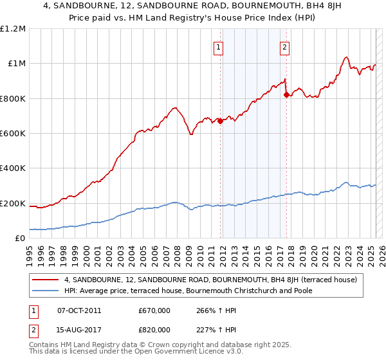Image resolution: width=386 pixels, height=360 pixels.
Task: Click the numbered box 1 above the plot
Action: tap(218, 46)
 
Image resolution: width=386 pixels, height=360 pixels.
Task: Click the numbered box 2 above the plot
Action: tap(284, 46)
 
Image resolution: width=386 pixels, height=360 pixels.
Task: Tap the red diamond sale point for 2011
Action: tap(220, 120)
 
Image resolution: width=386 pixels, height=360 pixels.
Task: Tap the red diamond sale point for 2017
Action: tap(286, 94)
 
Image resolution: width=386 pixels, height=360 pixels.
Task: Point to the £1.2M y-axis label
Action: tap(14, 28)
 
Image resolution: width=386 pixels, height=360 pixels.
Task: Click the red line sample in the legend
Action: tap(46, 280)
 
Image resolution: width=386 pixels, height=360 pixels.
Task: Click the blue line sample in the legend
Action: tap(46, 291)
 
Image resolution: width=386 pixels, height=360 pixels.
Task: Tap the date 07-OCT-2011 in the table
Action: tap(79, 310)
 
